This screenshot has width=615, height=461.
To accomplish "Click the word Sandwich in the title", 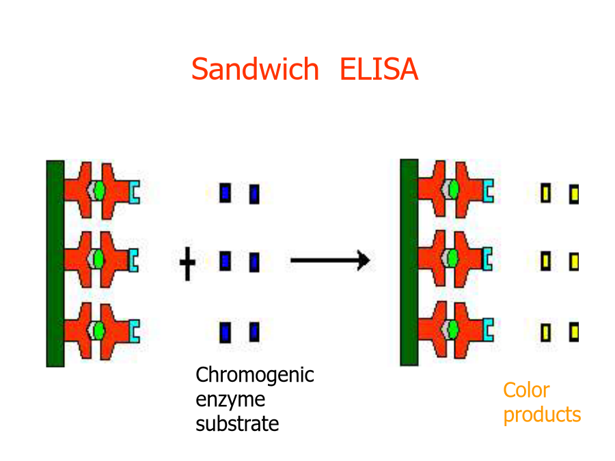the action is coord(255,69).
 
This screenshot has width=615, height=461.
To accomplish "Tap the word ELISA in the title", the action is coord(379,69).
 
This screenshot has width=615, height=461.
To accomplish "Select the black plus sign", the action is coord(187,264).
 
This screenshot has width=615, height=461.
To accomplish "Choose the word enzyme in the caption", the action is coord(230,400).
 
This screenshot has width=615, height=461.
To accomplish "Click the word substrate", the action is coord(237,423).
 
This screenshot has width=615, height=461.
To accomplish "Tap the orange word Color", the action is coord(526,390).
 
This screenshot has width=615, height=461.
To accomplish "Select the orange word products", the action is coord(542,415).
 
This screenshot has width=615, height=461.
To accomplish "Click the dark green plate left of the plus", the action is coord(55,264).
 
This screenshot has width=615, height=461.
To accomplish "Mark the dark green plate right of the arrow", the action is coord(409,262).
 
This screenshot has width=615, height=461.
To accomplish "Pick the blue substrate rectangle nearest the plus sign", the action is coord(225,261).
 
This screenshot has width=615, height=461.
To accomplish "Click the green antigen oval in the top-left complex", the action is coord(100,191).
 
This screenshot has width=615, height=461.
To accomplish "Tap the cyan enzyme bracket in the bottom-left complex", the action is coord(135,331).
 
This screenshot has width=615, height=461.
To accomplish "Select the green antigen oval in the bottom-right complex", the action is coord(454,329).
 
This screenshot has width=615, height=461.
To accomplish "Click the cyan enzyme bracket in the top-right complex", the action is coord(489,191).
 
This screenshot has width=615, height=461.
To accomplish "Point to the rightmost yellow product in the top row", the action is coord(574,194).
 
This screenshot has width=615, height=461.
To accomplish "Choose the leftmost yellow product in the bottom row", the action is coord(545,333).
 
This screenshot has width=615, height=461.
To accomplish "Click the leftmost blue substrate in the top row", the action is coord(225,193).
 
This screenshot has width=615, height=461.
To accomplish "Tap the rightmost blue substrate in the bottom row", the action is coord(254,332).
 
